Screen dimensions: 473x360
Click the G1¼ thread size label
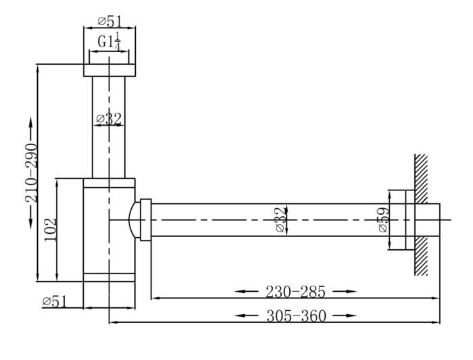[109, 42]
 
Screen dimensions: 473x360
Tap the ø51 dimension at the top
[110, 22]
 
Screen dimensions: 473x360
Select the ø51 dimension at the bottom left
[54, 301]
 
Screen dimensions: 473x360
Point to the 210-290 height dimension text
[32, 173]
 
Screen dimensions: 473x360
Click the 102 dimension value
[51, 229]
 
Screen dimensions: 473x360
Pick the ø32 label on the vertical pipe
[109, 119]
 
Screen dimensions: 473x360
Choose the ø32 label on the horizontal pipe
[280, 220]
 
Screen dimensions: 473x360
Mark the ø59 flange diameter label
[384, 220]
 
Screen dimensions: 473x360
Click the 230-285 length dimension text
[296, 292]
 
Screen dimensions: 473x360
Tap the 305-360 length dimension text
[297, 316]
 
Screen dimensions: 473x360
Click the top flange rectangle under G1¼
[109, 70]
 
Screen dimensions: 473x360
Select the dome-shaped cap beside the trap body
[134, 220]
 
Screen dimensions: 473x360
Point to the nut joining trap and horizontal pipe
[146, 220]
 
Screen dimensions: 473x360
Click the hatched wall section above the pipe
[421, 178]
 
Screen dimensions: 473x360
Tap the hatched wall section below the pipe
[421, 256]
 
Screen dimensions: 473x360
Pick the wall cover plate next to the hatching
[410, 220]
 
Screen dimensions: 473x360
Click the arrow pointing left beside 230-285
[247, 292]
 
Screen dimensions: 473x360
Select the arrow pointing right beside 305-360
[345, 316]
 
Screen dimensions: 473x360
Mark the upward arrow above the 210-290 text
[31, 130]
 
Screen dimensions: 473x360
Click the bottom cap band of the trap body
[109, 278]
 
